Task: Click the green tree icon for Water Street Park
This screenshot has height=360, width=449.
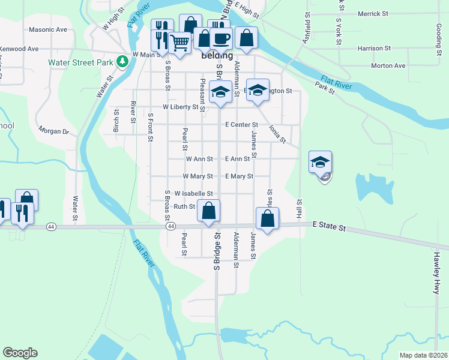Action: coord(122,61)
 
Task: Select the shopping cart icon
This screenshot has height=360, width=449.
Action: coord(179,42)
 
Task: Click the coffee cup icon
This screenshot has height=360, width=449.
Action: coord(221,38)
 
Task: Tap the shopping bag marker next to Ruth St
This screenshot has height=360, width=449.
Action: coord(208,211)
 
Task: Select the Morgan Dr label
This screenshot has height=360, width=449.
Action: coord(53,130)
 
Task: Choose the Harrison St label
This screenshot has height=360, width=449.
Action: coord(373,48)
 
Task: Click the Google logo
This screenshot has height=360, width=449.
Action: coord(20,353)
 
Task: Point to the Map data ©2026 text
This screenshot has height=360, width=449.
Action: coord(423,355)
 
